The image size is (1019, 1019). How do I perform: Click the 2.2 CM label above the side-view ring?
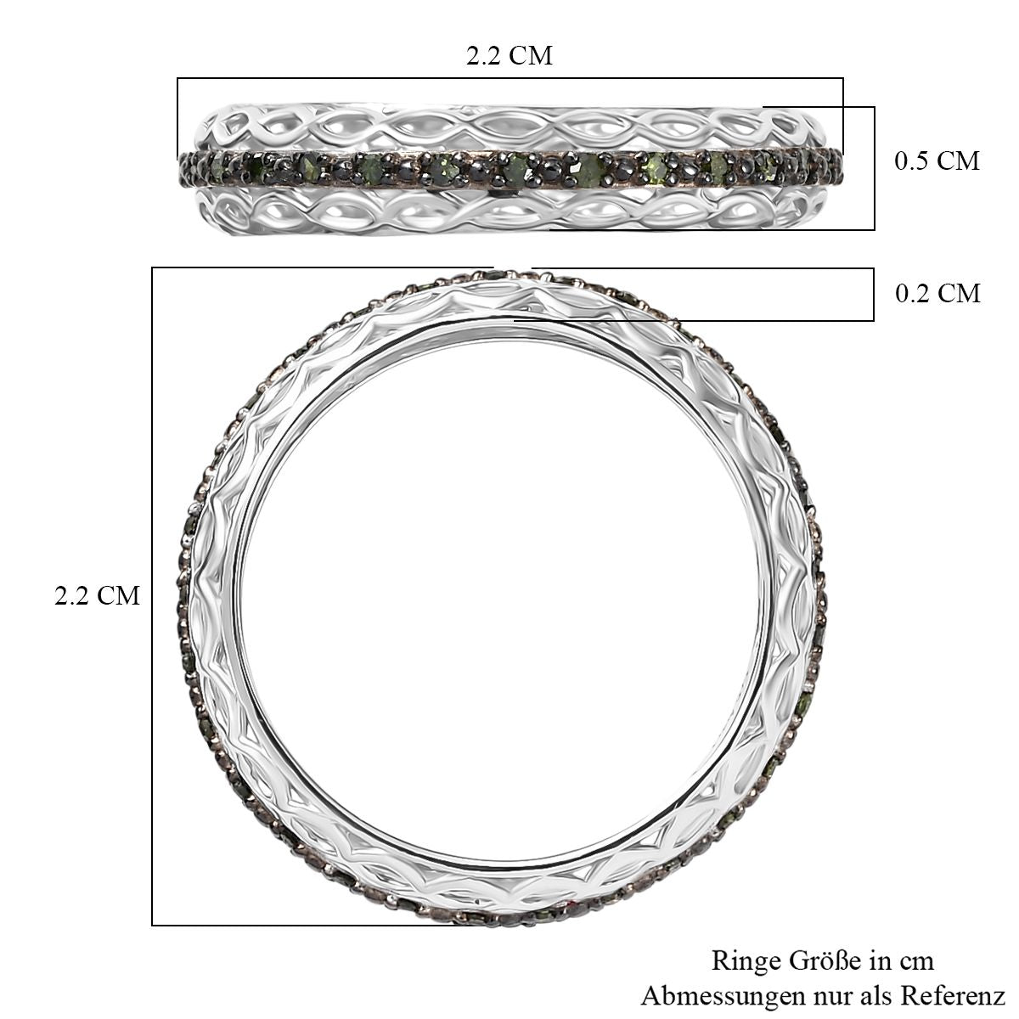coord(509,55)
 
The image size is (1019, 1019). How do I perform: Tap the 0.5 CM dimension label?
coord(937,160)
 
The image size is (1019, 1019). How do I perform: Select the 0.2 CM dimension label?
coord(937,293)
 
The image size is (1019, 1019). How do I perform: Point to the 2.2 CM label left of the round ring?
coord(98,596)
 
